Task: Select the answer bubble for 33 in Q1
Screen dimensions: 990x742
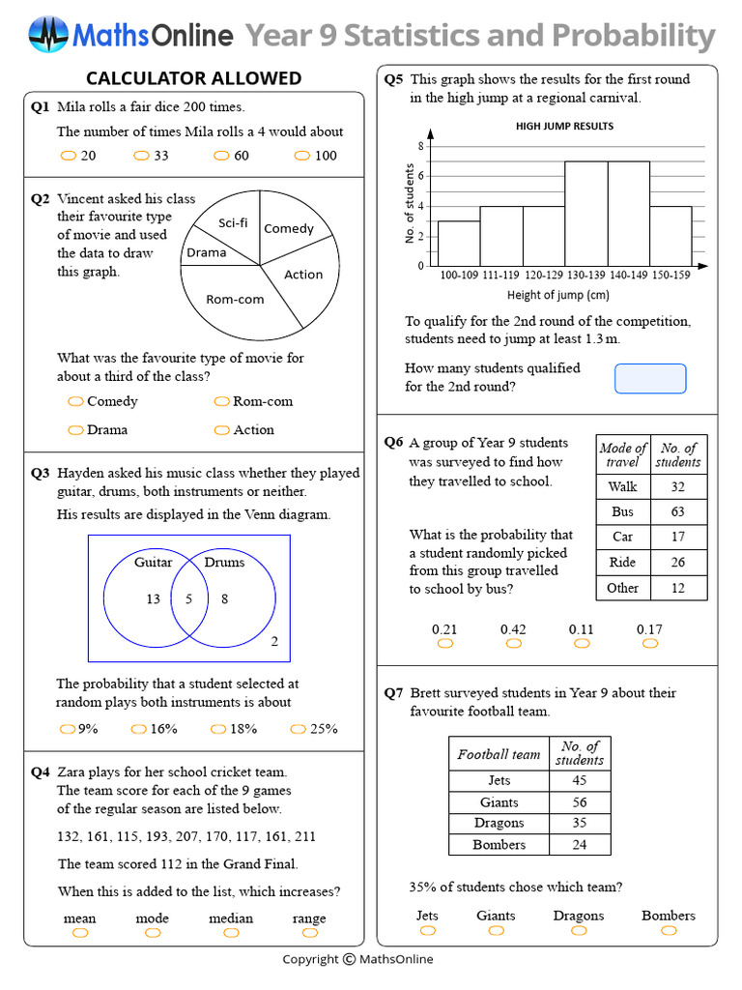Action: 141,156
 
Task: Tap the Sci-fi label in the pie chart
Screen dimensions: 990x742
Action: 233,223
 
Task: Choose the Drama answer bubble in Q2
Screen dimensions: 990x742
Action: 74,430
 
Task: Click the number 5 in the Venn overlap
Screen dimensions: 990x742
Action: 189,599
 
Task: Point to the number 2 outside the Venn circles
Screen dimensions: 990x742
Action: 274,641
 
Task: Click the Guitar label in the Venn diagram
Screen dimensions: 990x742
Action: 153,562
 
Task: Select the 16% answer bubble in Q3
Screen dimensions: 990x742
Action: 139,729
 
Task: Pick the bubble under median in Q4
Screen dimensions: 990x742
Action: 231,933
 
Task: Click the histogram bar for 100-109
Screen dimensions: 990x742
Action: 459,243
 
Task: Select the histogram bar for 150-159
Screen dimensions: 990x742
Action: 670,235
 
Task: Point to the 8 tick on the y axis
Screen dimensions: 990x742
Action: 420,146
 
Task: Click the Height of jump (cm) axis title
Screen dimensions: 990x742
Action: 557,295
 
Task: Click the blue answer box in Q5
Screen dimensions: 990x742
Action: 650,378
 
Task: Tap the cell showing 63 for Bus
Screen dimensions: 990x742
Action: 677,511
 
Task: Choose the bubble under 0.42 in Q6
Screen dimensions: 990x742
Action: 513,644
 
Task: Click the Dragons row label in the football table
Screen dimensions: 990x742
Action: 499,824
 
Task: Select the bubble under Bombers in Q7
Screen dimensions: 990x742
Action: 668,930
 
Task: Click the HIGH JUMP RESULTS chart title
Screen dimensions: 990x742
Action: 564,126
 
